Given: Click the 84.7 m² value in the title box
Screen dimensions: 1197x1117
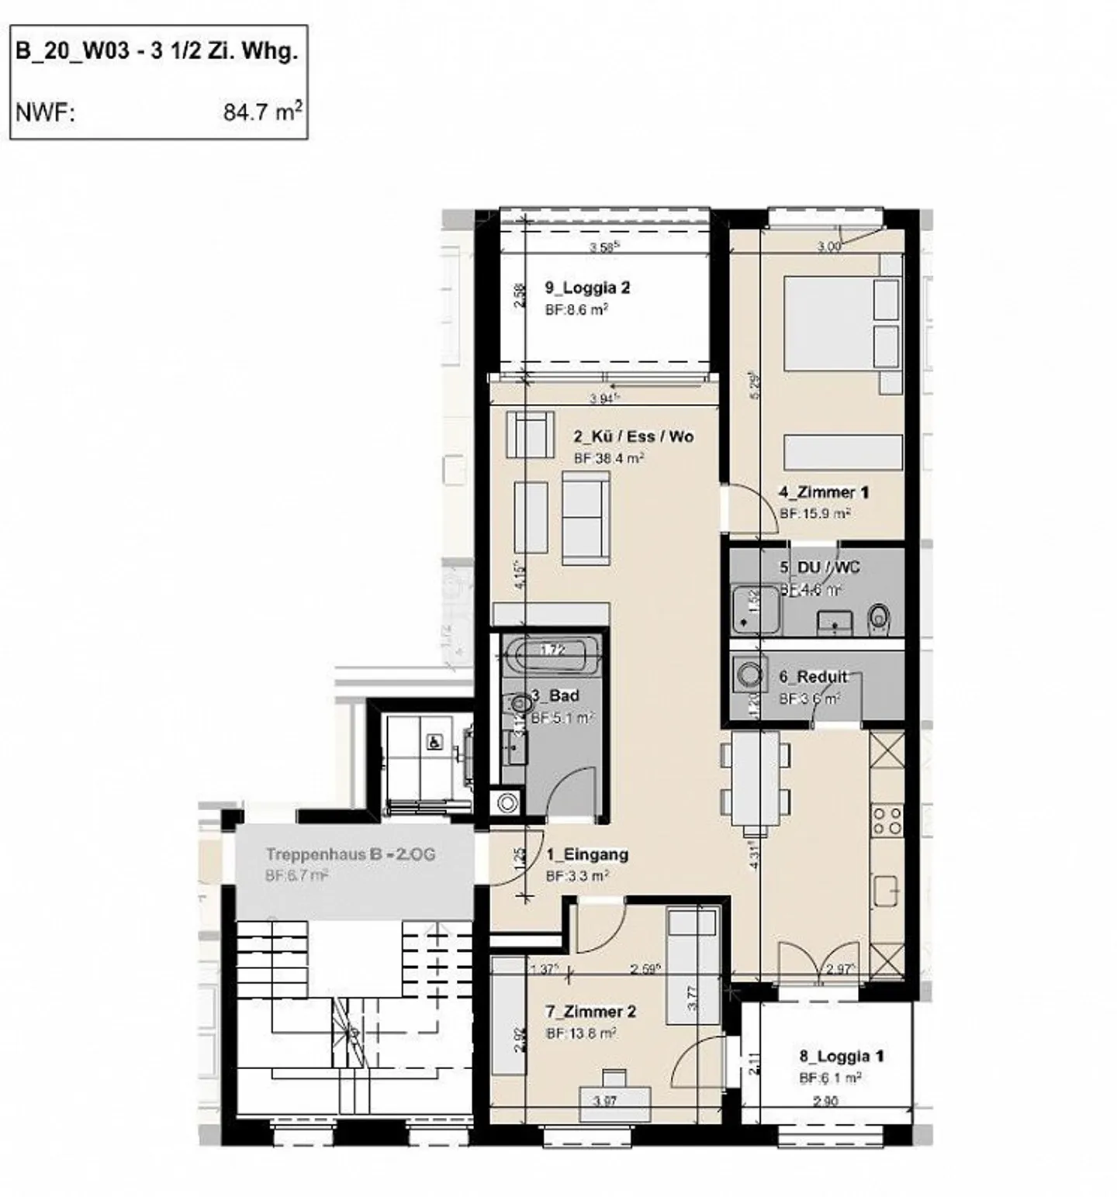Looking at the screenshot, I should coord(262,112).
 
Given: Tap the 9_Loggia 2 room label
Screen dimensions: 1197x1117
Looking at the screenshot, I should coord(586,288).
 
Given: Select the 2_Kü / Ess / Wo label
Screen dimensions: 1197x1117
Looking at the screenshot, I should coord(633,436).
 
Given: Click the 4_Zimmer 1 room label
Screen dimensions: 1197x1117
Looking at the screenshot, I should coord(823,492).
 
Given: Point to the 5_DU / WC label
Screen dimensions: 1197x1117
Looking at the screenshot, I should coord(819,567).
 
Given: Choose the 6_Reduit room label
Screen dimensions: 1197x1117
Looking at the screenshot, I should coord(813,677).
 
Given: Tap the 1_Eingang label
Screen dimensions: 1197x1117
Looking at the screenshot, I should coord(586,855).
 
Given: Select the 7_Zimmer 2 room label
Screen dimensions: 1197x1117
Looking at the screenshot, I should coord(590,1012).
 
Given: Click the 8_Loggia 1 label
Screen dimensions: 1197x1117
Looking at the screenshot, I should coord(841,1056).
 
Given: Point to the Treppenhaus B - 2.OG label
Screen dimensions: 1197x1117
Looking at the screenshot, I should coord(350,854).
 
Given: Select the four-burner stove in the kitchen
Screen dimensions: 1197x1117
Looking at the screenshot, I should coord(887,821).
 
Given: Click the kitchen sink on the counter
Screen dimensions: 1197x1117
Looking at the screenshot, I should coord(886,890).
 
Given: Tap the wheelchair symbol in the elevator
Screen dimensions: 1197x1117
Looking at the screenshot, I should coord(434,743).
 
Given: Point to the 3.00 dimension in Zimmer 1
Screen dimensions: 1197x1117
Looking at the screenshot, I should coord(828,247).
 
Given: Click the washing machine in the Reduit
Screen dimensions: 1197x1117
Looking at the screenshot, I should coord(749,674).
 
